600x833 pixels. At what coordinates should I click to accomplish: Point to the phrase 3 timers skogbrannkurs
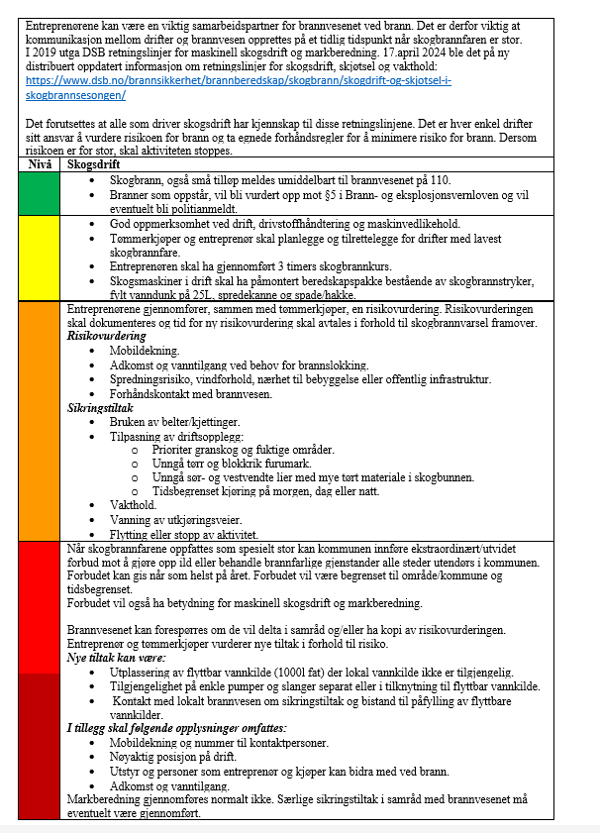298,266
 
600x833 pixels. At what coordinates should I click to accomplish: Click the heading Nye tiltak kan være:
116,658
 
